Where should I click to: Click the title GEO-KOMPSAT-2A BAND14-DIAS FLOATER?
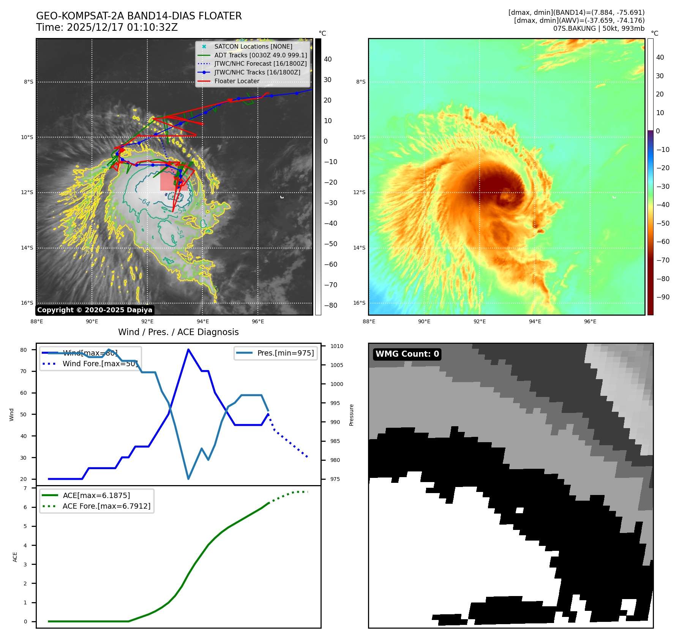coord(139,16)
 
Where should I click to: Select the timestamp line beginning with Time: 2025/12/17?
coord(107,27)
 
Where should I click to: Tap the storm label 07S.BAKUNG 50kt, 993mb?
coord(598,28)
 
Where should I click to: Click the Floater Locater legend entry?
coord(237,81)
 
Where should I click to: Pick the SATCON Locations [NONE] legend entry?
coord(253,46)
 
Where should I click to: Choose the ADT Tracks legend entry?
coord(260,55)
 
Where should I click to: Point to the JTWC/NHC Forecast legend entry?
coord(260,63)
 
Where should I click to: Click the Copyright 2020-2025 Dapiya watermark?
coord(95,310)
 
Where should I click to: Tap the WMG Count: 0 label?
coord(407,354)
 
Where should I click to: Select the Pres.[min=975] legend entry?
coord(285,353)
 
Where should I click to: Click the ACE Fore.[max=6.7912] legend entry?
coord(106,506)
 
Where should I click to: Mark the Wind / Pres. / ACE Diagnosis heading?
coord(178,332)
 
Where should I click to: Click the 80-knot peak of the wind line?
coord(188,349)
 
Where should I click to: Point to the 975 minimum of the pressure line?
coord(188,479)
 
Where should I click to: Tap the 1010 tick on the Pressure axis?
coord(336,346)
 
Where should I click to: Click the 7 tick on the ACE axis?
coord(25,488)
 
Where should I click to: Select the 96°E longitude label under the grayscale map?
coord(258,321)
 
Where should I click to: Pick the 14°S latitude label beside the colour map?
coord(359,248)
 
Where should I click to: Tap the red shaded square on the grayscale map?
coord(174,177)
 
